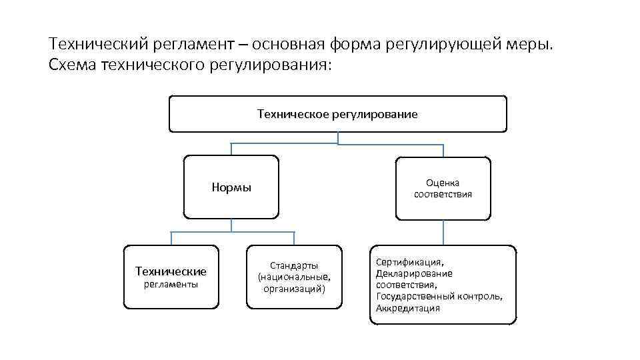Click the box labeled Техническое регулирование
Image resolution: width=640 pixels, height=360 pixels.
pos(337,114)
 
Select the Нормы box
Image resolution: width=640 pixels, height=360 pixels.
pos(231,187)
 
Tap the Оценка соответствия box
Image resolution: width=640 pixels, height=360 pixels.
pos(443,188)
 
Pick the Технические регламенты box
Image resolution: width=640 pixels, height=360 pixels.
pos(171,277)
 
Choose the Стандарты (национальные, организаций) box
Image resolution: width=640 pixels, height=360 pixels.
pos(294,277)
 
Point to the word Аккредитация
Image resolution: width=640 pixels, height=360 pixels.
pos(407,308)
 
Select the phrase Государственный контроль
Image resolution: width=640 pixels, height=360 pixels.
pos(439,297)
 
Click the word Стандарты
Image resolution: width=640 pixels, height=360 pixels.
pos(294,265)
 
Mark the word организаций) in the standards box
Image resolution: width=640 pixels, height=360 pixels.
pos(294,289)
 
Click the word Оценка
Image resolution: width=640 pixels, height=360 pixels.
pos(443,183)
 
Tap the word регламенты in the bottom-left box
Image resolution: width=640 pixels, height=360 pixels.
pos(171,285)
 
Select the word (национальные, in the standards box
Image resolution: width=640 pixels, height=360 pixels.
pos(294,277)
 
